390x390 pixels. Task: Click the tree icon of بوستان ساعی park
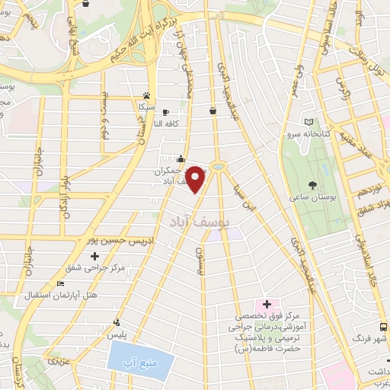point(313,184)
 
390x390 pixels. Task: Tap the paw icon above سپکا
point(147,96)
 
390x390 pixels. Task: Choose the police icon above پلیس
point(116,322)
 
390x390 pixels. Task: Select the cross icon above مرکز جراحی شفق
point(93,255)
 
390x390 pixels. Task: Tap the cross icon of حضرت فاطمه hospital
point(267,304)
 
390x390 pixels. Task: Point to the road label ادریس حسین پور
point(115,239)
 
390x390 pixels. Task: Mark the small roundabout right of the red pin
point(218,165)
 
